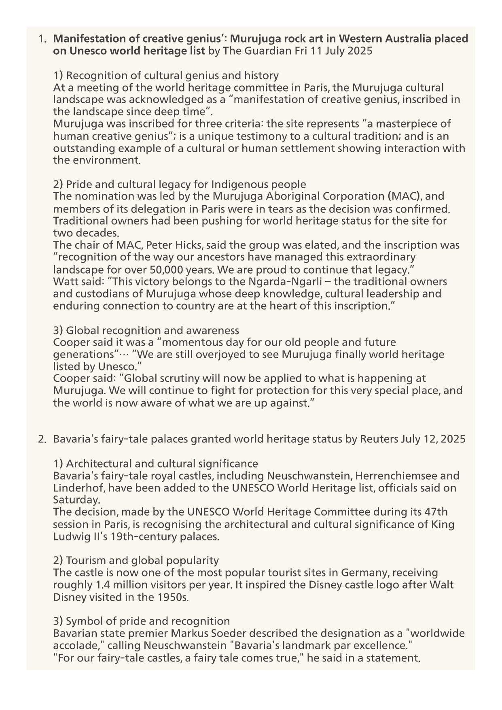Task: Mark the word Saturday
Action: [76, 500]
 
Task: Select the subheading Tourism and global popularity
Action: [142, 561]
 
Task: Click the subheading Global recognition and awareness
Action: [152, 330]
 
